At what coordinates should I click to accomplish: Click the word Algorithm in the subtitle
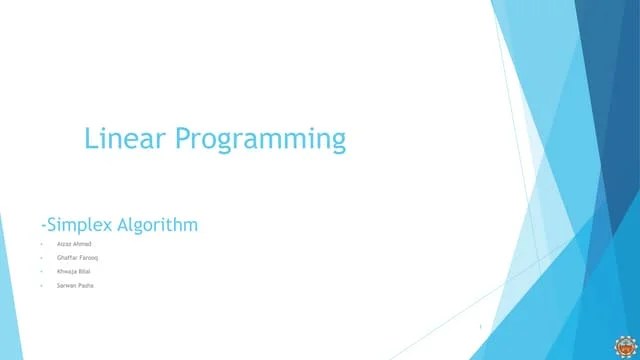coord(158,226)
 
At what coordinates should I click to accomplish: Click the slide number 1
coord(481,326)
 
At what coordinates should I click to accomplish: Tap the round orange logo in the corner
coord(625,345)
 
